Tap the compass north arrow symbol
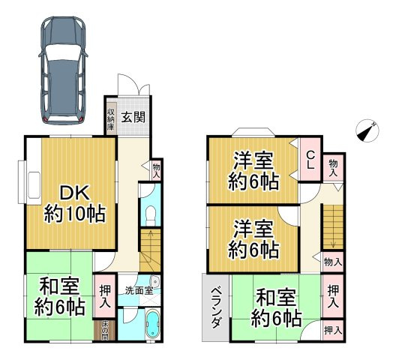coord(367,130)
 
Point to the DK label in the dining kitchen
coord(73,193)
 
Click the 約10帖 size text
coord(73,214)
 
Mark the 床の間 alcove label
coord(105,329)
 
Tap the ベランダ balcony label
coord(214,308)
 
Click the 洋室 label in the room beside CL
coord(252,160)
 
